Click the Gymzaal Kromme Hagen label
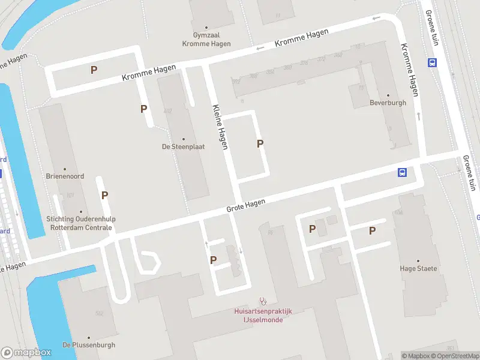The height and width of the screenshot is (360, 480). pos(207,40)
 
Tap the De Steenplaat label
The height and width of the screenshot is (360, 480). pos(183,146)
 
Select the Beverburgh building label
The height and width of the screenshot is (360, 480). pos(388,103)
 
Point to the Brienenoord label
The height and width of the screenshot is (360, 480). pos(65,176)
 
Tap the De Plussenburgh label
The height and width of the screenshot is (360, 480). pos(88,345)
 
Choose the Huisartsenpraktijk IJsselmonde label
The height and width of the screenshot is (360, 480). pos(262,316)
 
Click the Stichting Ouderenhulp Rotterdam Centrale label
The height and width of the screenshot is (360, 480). pos(79,223)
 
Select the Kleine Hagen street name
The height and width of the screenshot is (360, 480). pos(220,127)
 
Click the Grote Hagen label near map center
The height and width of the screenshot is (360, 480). pos(245,206)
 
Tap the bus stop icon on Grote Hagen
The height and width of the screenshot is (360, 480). pos(402,173)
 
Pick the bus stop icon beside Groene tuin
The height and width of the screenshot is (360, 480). pos(431,62)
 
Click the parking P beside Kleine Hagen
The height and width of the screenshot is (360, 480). pos(260,143)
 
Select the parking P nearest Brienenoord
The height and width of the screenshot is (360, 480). pos(104,195)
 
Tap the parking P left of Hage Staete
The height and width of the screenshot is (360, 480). pos(372,230)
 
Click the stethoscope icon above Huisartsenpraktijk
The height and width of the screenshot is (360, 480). pos(262,301)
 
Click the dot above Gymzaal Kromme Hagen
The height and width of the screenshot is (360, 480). pos(207,27)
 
